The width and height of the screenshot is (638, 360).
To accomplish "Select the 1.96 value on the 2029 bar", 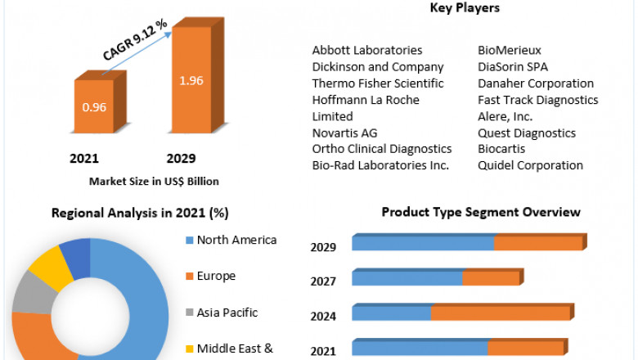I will point(191,80).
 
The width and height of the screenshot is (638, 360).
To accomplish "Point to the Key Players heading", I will point(465,8).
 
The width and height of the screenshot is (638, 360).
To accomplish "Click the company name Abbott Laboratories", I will point(367,51).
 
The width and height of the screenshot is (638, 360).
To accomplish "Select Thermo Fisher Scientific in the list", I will point(378,83).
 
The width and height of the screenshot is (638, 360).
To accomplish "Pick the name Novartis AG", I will point(344,133).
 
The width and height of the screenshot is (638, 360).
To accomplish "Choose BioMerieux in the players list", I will point(510,51).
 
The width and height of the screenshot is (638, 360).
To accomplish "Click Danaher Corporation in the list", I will point(536,83).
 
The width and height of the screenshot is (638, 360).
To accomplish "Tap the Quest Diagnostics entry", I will point(527,133).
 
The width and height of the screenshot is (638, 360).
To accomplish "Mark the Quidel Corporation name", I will point(530,165).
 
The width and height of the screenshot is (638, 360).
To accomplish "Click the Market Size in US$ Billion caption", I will point(154,182).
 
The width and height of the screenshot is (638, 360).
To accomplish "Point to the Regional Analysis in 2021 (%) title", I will point(140,214).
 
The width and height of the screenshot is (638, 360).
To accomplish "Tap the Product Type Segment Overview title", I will point(481,213).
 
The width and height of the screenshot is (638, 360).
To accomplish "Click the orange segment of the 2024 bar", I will point(501,313).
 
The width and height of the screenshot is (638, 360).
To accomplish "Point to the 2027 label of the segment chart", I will point(323,281).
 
